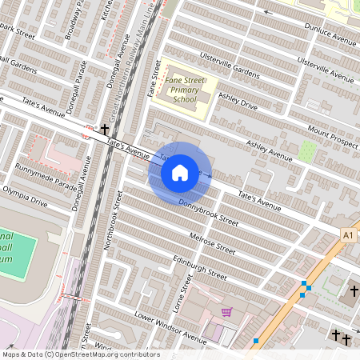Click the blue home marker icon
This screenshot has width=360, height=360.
(x=180, y=172)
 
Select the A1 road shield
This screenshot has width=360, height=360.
(x=347, y=235)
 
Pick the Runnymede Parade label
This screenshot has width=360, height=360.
(x=45, y=178)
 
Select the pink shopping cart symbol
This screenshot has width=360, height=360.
(x=226, y=312)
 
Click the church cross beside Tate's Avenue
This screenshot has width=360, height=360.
(x=104, y=129)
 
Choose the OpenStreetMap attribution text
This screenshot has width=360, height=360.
(x=80, y=354)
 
